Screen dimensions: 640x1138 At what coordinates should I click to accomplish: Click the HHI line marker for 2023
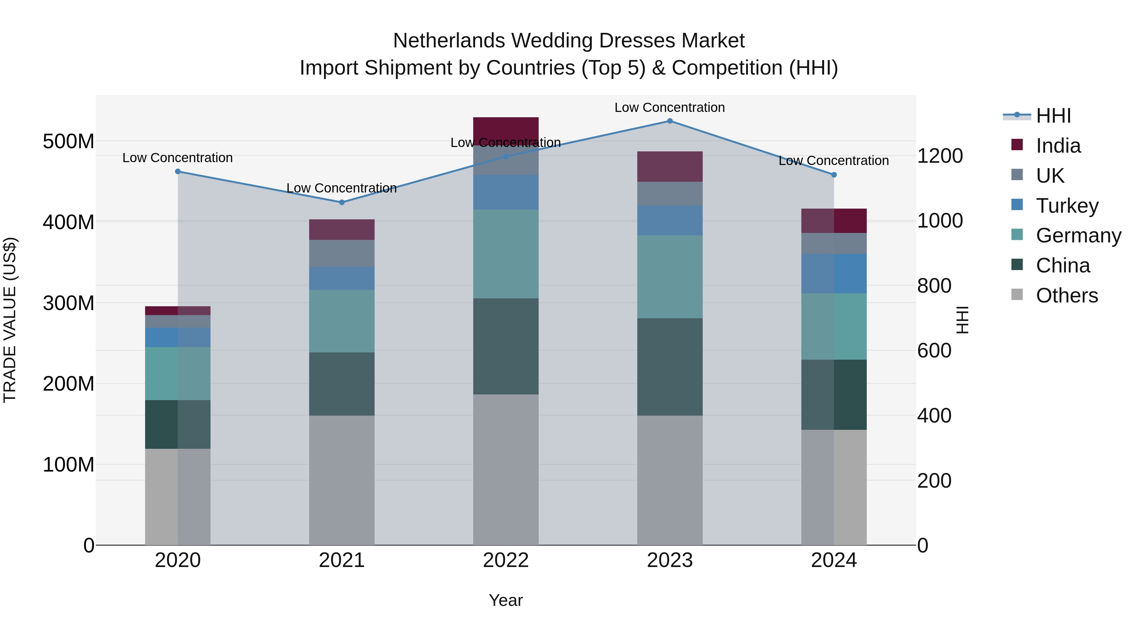pos(670,121)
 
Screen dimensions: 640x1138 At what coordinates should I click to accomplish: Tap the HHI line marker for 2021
pos(341,202)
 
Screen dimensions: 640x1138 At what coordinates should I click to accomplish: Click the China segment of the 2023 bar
pos(670,367)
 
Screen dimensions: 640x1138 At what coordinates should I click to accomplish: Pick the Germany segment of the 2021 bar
pos(341,321)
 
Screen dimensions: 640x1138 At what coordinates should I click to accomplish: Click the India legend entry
pos(1058,146)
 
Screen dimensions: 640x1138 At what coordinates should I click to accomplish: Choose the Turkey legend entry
pos(1067,205)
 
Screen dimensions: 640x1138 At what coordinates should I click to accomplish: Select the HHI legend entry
pos(1053,116)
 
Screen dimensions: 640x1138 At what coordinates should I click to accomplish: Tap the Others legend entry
pos(1067,296)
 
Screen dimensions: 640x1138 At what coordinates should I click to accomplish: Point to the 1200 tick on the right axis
pos(940,156)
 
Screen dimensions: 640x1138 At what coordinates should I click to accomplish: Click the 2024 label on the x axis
pos(834,560)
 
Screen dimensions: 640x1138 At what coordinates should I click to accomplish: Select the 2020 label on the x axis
pos(178,560)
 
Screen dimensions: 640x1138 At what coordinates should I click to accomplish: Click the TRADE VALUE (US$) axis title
pos(10,320)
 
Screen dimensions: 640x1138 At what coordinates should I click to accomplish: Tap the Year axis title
pos(506,600)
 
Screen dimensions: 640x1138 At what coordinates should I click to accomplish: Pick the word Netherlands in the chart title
pos(448,41)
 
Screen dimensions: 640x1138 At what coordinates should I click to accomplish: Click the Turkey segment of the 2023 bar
pos(670,220)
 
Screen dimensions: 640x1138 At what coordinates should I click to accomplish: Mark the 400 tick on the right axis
pos(934,416)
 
